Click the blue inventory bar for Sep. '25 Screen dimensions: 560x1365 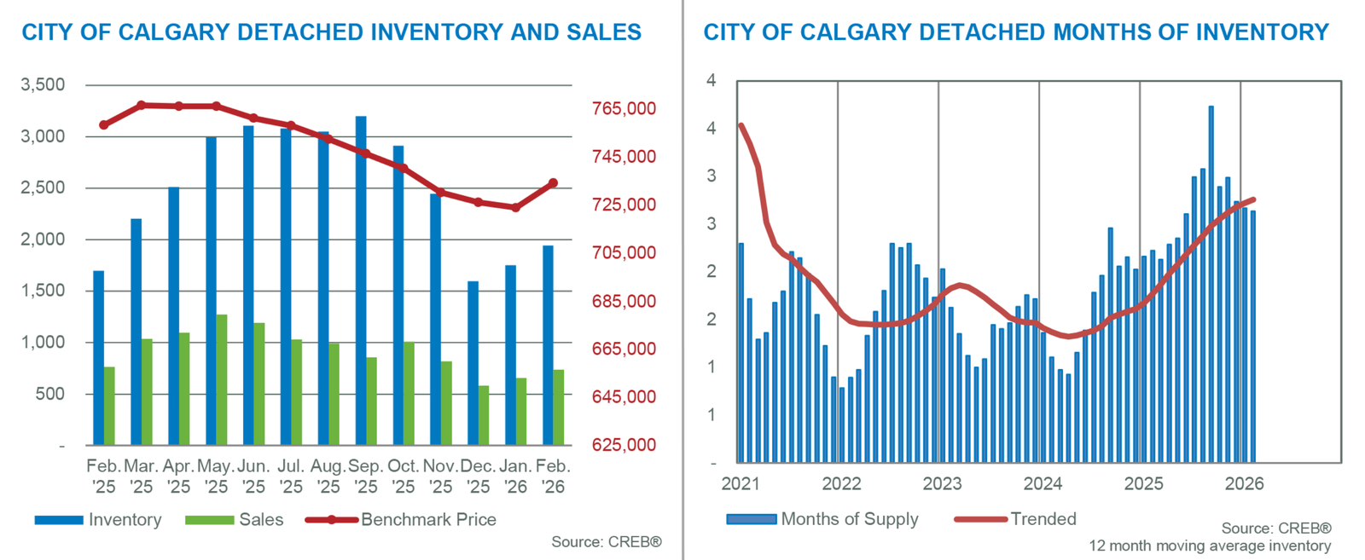coord(361,281)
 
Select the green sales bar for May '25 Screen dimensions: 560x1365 coord(222,380)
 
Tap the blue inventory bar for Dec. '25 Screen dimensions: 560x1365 coord(473,363)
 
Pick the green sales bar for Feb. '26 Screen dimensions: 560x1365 coord(558,407)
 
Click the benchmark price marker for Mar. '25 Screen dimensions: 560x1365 coord(142,106)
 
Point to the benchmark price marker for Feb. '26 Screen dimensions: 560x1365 coord(553,183)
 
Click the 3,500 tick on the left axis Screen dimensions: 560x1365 coord(42,85)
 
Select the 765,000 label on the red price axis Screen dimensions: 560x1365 coord(624,109)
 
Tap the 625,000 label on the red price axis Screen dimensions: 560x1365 coord(624,445)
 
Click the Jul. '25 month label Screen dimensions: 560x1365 coord(291,476)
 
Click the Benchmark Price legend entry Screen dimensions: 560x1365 coord(428,520)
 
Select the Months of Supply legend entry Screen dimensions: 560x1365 coord(850,519)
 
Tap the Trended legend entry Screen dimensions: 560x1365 coord(1043,519)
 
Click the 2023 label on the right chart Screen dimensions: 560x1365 coord(942,484)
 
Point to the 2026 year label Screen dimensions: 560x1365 coord(1244,484)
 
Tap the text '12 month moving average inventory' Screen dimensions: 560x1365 coord(1209,546)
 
